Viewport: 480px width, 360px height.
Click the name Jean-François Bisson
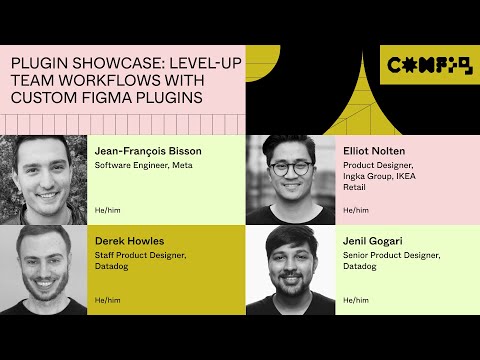148,151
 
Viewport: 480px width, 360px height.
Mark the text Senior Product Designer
390,255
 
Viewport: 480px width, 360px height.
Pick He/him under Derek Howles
105,300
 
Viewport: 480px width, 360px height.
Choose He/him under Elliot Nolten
355,210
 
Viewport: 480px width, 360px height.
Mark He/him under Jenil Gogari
355,300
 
